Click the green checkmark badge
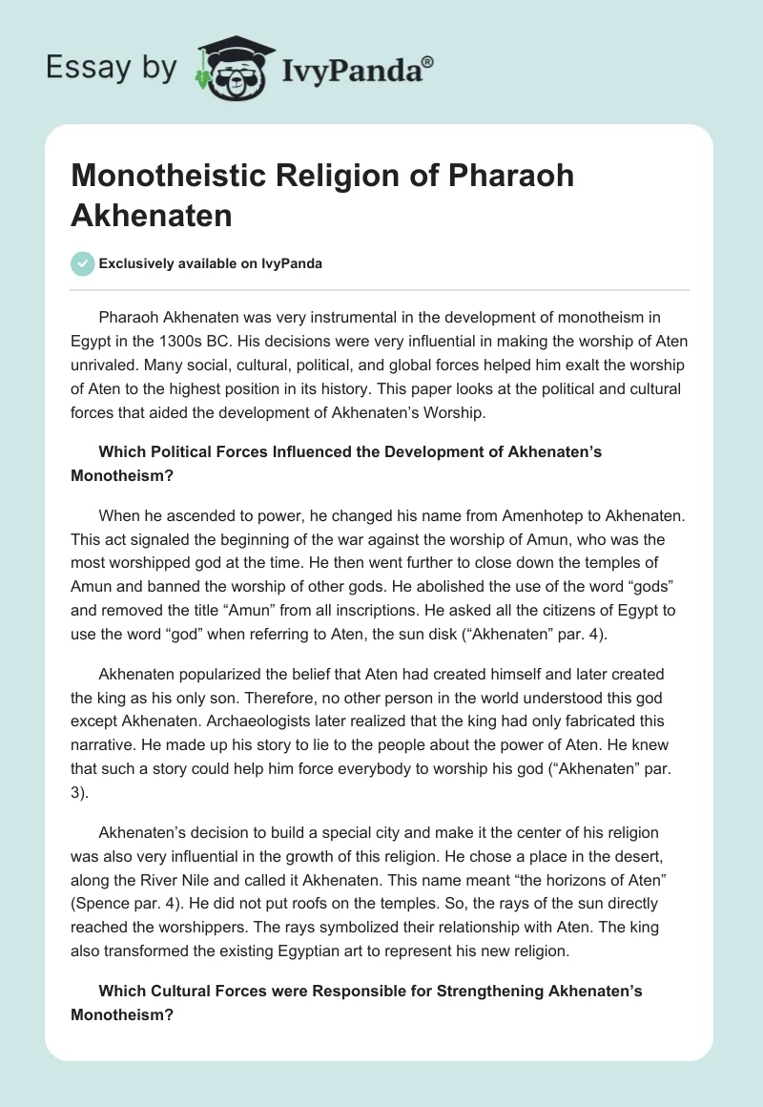point(83,263)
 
